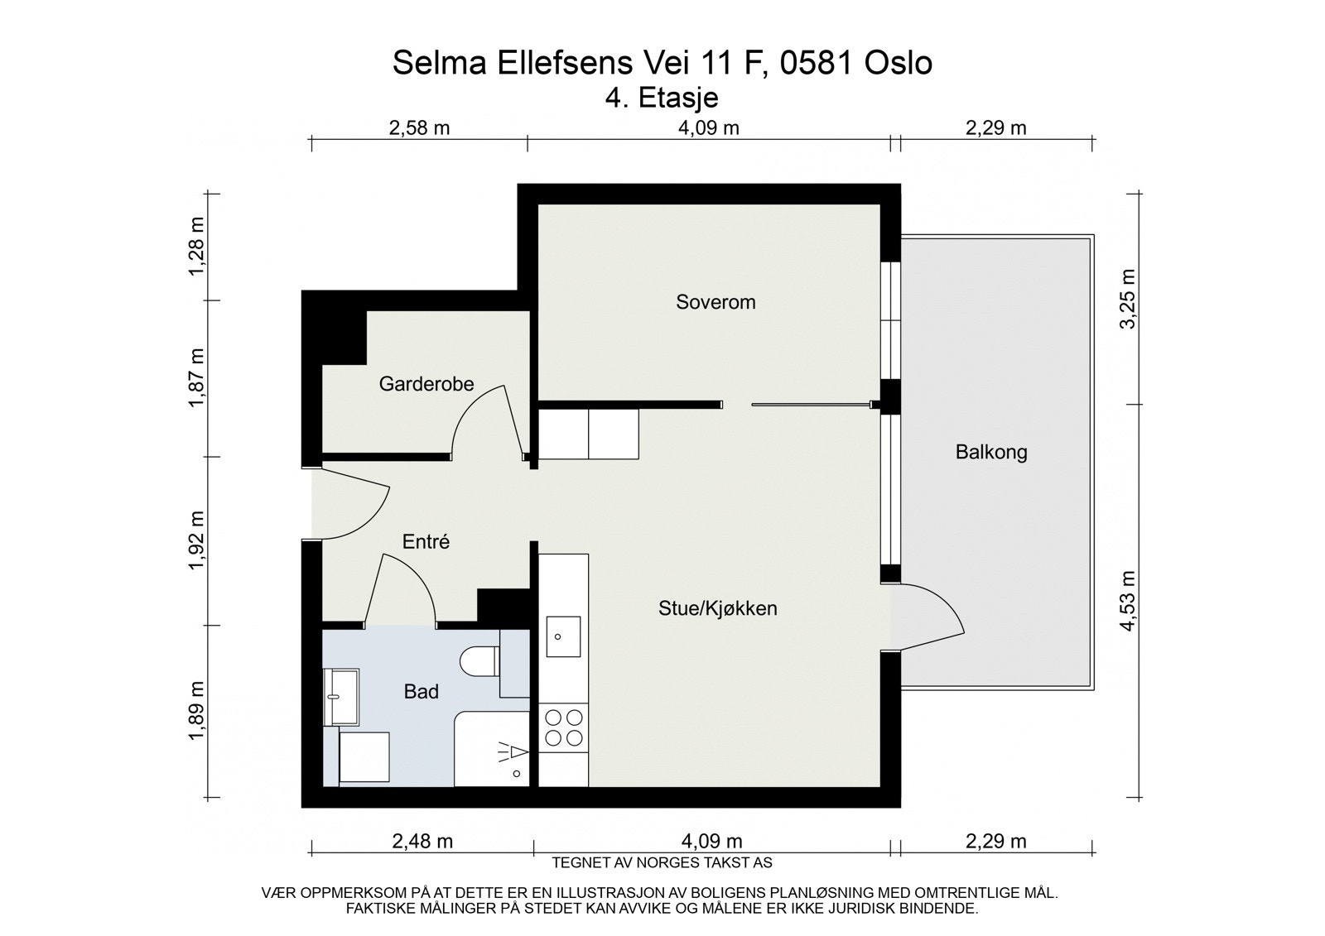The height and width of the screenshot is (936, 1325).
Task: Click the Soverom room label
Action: click(715, 302)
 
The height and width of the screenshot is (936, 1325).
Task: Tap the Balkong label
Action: click(990, 453)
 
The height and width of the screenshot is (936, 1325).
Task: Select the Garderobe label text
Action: click(426, 384)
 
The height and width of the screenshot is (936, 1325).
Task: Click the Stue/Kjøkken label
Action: click(717, 609)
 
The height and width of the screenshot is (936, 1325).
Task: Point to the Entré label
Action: click(426, 542)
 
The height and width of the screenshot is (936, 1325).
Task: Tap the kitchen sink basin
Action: click(563, 636)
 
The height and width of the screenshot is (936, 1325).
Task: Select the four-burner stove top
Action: click(563, 728)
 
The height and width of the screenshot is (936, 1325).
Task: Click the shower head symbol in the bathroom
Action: click(513, 752)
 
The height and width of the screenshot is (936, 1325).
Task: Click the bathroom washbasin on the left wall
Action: click(341, 695)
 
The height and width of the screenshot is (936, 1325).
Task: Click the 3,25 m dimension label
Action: click(1128, 299)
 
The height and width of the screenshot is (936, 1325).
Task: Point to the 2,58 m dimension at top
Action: click(419, 127)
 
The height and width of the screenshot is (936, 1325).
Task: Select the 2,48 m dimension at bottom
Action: click(422, 842)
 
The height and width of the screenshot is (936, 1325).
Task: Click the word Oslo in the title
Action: click(898, 63)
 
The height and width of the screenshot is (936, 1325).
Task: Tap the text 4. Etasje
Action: click(662, 98)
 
